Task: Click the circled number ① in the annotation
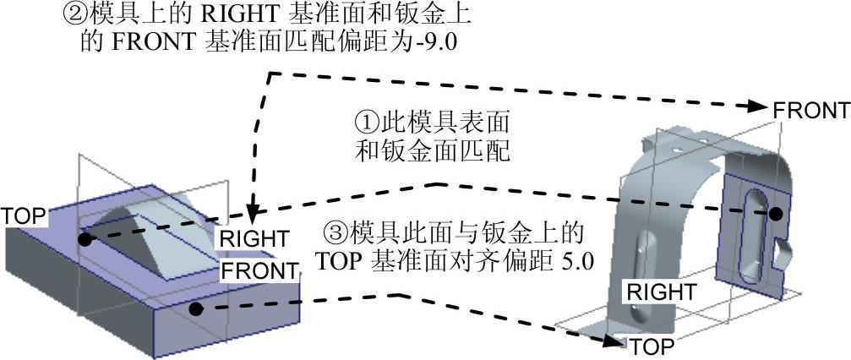coord(366,122)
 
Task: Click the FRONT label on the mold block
coord(259,271)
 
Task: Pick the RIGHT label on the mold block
coord(254,238)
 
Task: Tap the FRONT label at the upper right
coord(810,111)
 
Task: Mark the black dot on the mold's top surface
coord(85,240)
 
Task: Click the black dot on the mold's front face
coord(196,308)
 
